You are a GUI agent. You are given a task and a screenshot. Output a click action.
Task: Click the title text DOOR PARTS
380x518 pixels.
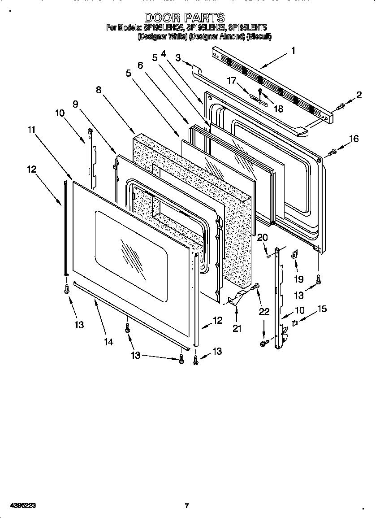tap(184, 17)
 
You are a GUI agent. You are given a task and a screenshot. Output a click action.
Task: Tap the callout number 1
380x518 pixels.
tap(293, 51)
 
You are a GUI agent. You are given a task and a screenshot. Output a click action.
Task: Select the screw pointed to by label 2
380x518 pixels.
tap(340, 106)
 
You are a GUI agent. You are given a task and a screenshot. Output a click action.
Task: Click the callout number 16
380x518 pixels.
tap(354, 139)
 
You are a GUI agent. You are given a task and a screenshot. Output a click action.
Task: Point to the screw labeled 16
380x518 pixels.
tap(332, 152)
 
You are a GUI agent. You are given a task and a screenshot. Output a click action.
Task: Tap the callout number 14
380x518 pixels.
tap(108, 342)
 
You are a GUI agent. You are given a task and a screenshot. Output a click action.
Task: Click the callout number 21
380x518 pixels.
tap(237, 328)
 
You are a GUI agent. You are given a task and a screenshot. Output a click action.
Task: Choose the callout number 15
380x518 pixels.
tap(322, 309)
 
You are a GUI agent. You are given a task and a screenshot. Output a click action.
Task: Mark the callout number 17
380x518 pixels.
tap(231, 81)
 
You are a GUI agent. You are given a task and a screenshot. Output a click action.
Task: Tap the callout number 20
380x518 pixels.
tap(262, 237)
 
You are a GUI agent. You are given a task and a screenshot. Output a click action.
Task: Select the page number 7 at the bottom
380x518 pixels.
tap(186, 505)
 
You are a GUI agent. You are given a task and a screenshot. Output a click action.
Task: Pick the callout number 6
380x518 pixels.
tap(140, 65)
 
